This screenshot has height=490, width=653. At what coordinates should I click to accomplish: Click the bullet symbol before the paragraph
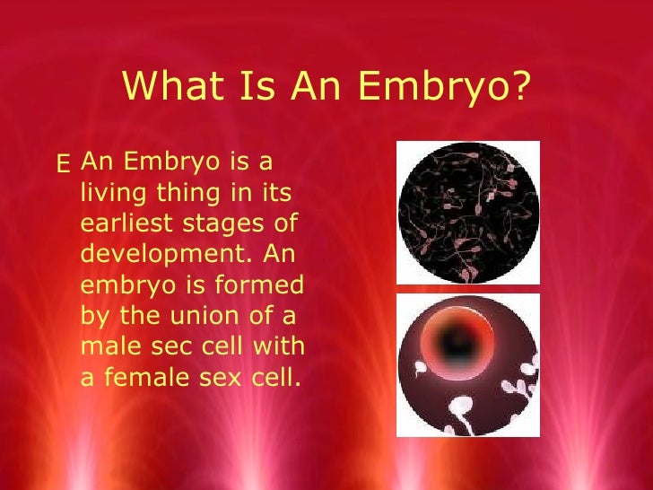[63, 164]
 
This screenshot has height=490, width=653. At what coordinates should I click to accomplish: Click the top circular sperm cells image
[467, 212]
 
